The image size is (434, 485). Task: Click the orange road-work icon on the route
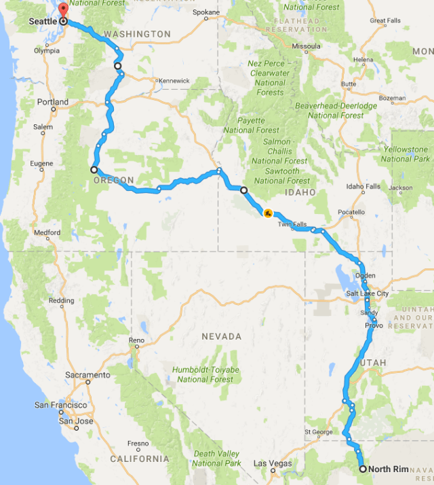click(x=269, y=214)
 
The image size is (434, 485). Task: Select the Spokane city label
click(x=206, y=12)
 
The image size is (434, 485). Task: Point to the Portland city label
click(x=53, y=102)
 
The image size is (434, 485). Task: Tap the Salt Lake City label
click(x=367, y=293)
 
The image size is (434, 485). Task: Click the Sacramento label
click(x=88, y=375)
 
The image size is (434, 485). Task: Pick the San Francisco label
click(x=60, y=406)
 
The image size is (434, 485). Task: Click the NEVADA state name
click(x=221, y=337)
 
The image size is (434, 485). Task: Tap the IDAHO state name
click(x=300, y=193)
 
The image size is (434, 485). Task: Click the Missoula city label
click(x=306, y=46)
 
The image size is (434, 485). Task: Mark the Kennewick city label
click(x=174, y=80)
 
